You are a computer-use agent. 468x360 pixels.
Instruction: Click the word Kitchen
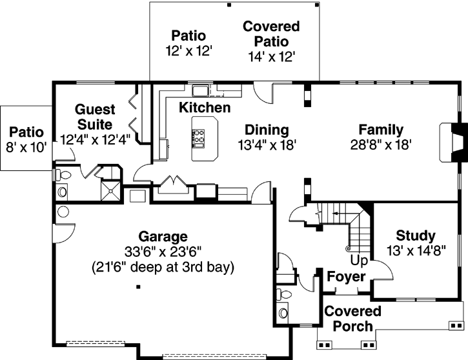click(x=204, y=107)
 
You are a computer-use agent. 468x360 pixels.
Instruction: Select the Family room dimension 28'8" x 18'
click(x=381, y=145)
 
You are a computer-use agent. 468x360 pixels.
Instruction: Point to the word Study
click(x=415, y=235)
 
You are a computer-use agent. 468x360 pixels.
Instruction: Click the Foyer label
click(x=347, y=277)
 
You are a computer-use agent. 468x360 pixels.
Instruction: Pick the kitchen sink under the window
click(x=199, y=90)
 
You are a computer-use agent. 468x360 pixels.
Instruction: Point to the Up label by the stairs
click(x=359, y=260)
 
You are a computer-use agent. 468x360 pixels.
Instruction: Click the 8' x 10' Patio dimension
click(x=26, y=146)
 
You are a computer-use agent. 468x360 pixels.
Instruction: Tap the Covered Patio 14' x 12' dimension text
click(x=271, y=57)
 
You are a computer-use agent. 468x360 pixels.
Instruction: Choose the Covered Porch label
click(x=352, y=319)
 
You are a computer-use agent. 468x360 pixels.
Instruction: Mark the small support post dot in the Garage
click(x=138, y=288)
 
